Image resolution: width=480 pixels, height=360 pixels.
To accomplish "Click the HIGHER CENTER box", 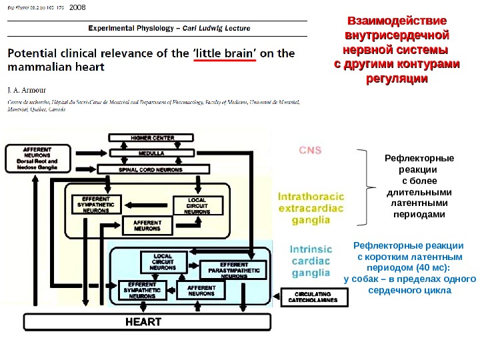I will pos(153,138).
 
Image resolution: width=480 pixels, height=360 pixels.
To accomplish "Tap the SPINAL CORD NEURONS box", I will pos(153,169).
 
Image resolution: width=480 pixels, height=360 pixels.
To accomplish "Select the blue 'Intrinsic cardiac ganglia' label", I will pos(311,261).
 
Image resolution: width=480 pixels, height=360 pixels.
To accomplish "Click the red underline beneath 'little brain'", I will pos(225,59).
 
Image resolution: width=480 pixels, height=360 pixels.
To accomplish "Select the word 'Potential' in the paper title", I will pos(33,53).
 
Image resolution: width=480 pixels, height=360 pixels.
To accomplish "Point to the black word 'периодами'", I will pos(419,215).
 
